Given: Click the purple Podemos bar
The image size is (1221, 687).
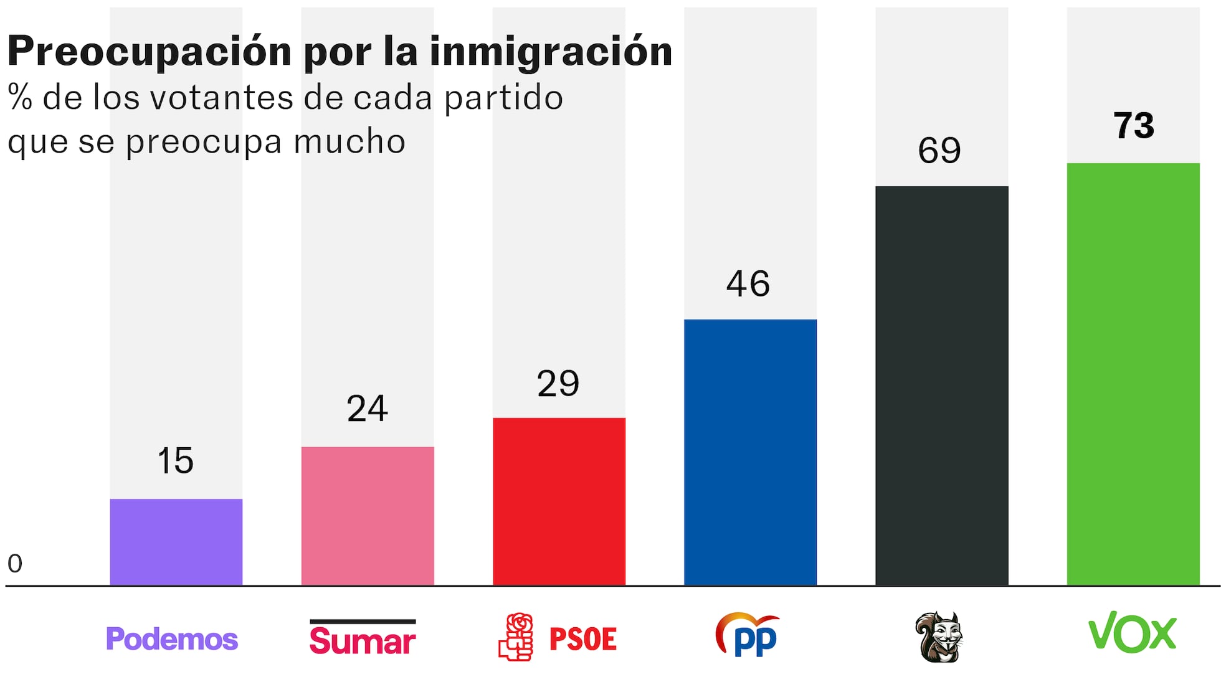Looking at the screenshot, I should pyautogui.click(x=176, y=541).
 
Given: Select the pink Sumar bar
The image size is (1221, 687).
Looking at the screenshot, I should pyautogui.click(x=368, y=515).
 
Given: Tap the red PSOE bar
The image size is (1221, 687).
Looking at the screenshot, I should pyautogui.click(x=559, y=501).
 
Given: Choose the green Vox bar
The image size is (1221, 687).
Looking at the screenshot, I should pyautogui.click(x=1133, y=374).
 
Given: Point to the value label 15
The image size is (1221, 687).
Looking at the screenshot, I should pyautogui.click(x=175, y=461).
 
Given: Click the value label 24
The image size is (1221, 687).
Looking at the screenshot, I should pyautogui.click(x=367, y=409).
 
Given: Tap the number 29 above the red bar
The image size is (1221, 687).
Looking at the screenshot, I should pyautogui.click(x=558, y=383).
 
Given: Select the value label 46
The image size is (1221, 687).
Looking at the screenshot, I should pyautogui.click(x=748, y=284).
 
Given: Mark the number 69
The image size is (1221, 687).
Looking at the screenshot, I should pyautogui.click(x=939, y=150).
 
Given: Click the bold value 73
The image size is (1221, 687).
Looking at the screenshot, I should pyautogui.click(x=1133, y=125).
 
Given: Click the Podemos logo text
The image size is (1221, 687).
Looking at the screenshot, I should pyautogui.click(x=172, y=638).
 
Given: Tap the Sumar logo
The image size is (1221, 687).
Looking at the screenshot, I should pyautogui.click(x=363, y=638).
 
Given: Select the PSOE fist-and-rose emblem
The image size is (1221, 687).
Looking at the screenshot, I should pyautogui.click(x=516, y=637).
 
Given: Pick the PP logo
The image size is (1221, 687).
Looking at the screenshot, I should pyautogui.click(x=748, y=635).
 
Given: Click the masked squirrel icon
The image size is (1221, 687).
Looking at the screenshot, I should pyautogui.click(x=939, y=637).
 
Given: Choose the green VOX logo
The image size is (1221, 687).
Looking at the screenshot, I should pyautogui.click(x=1132, y=632).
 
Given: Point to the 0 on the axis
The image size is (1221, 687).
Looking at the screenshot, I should pyautogui.click(x=15, y=564).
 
